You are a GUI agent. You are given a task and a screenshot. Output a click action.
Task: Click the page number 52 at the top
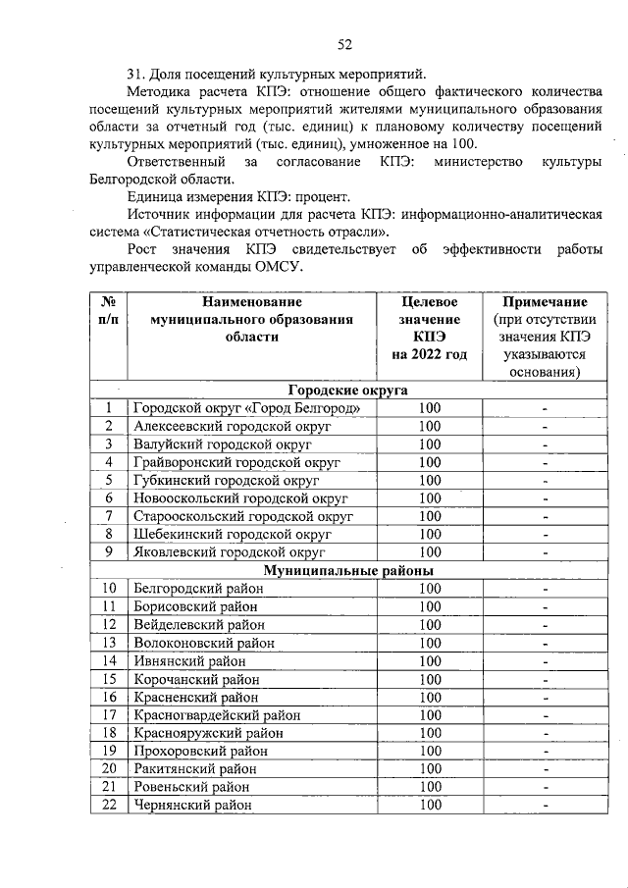(x=344, y=43)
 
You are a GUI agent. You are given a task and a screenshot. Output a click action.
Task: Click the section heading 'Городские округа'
(x=347, y=390)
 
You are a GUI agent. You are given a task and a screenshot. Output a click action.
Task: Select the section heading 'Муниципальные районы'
(x=347, y=570)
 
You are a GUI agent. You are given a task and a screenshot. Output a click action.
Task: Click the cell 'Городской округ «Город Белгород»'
(x=253, y=408)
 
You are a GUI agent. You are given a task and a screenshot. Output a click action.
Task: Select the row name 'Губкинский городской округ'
(x=227, y=480)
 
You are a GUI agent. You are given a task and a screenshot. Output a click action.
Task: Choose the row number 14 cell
(x=110, y=660)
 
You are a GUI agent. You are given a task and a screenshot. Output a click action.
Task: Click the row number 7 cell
(x=110, y=516)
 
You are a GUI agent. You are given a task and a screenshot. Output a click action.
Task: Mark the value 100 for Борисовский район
(x=430, y=606)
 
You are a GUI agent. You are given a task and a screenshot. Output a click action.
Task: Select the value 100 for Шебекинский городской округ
(x=430, y=534)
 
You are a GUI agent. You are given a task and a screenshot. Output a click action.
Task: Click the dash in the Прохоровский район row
(x=545, y=751)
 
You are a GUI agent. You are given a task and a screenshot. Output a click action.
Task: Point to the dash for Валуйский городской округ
(x=545, y=444)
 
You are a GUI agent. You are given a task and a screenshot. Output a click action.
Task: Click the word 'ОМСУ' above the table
(x=278, y=267)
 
